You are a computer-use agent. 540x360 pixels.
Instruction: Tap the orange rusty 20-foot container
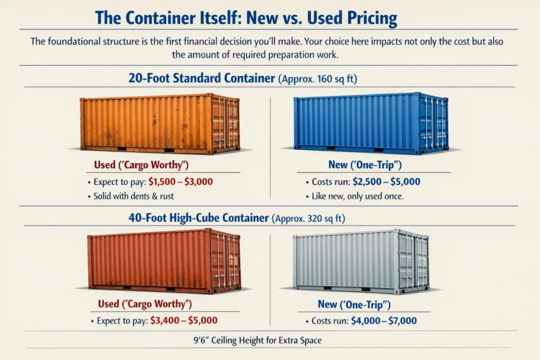tap(160, 124)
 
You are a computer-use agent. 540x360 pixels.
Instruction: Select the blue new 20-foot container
tap(371, 123)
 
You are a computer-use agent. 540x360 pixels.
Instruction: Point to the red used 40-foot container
tap(164, 260)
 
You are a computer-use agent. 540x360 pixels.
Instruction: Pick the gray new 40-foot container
tap(361, 261)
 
